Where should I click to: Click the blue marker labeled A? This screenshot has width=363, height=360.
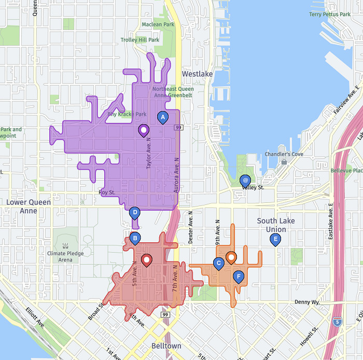pyautogui.click(x=163, y=118)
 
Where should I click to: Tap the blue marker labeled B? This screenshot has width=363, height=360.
pyautogui.click(x=135, y=239)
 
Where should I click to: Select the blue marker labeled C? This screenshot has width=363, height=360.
pyautogui.click(x=219, y=264)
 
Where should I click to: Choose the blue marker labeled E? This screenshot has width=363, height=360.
pyautogui.click(x=275, y=239)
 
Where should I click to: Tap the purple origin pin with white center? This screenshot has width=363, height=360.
pyautogui.click(x=144, y=130)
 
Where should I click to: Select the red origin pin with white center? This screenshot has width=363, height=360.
pyautogui.click(x=147, y=260)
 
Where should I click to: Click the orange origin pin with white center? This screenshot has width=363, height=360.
pyautogui.click(x=231, y=257)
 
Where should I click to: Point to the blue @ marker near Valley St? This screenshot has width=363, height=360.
pyautogui.click(x=245, y=180)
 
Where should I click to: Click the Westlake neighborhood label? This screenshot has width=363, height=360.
pyautogui.click(x=197, y=74)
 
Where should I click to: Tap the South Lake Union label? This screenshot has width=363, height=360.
pyautogui.click(x=275, y=225)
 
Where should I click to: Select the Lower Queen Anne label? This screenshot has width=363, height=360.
pyautogui.click(x=29, y=206)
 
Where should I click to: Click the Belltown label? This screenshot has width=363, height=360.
pyautogui.click(x=166, y=346)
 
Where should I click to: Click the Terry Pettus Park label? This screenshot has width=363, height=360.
pyautogui.click(x=330, y=15)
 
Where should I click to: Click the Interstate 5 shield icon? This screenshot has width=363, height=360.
pyautogui.click(x=338, y=322)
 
